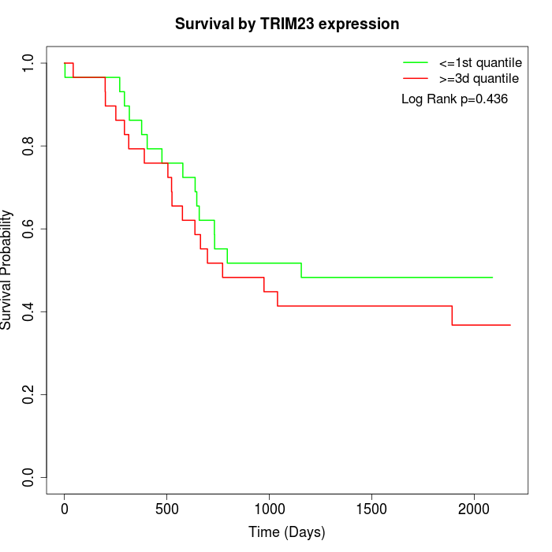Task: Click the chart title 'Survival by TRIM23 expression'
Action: pyautogui.click(x=287, y=24)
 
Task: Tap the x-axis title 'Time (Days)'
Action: pyautogui.click(x=287, y=532)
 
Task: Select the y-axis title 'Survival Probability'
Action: pyautogui.click(x=7, y=269)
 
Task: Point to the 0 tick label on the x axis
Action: pyautogui.click(x=65, y=509)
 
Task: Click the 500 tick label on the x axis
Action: pyautogui.click(x=167, y=509)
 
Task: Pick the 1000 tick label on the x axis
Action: pyautogui.click(x=269, y=509)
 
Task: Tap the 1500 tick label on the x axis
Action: pyautogui.click(x=371, y=509)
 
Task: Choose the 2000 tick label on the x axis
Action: pyautogui.click(x=474, y=509)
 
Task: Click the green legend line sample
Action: pyautogui.click(x=416, y=62)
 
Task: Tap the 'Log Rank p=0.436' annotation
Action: pyautogui.click(x=454, y=99)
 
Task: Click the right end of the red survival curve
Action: pyautogui.click(x=510, y=325)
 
